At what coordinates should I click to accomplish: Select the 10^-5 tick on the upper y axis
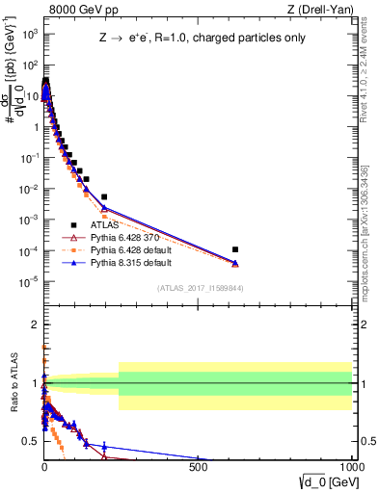click(28, 281)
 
